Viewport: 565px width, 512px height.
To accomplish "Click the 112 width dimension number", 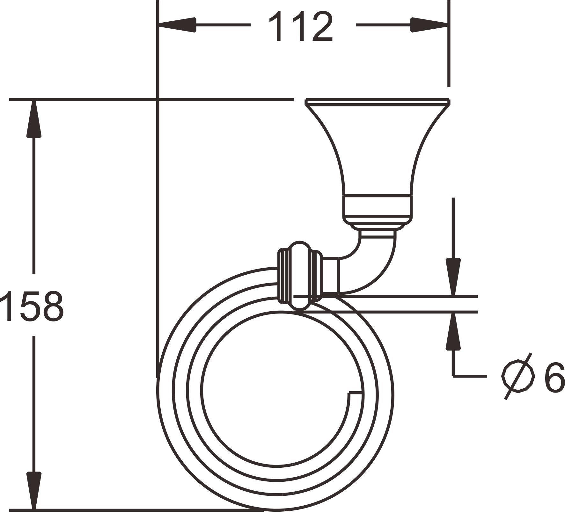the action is point(300,26).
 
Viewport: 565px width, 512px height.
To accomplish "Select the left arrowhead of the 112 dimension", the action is point(177,25).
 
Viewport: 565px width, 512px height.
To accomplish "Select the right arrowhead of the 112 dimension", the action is point(429,25).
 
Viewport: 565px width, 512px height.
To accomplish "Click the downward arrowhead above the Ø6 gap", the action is point(453,277).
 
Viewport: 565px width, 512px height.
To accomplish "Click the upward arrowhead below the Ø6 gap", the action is point(453,332).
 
